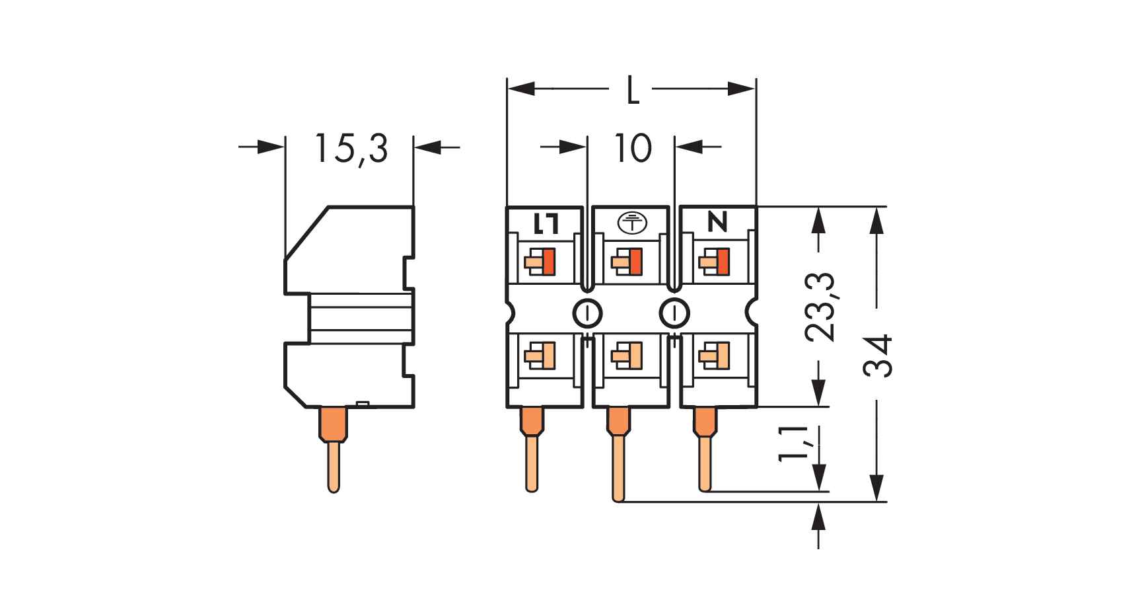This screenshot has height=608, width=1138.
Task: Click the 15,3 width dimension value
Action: tap(351, 149)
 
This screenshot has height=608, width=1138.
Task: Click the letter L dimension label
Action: tap(632, 90)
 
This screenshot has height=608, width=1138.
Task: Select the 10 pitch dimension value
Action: tap(633, 149)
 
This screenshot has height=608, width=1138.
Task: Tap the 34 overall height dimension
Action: tap(878, 356)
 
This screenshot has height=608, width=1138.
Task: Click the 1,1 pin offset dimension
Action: tap(793, 443)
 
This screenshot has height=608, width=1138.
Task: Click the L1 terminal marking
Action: tap(546, 223)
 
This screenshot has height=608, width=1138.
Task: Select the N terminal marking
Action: tap(717, 222)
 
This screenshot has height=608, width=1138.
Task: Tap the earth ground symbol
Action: tap(632, 223)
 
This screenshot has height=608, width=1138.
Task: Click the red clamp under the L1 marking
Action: tap(548, 262)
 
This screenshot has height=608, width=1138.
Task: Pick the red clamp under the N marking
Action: tap(723, 262)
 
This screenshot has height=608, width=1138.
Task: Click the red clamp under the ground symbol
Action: tap(635, 262)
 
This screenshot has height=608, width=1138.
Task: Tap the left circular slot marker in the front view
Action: tap(587, 313)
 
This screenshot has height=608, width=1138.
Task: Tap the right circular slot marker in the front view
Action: tap(674, 313)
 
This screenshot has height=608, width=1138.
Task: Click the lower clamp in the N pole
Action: tap(715, 356)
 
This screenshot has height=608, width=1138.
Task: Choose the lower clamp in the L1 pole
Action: tap(540, 356)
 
